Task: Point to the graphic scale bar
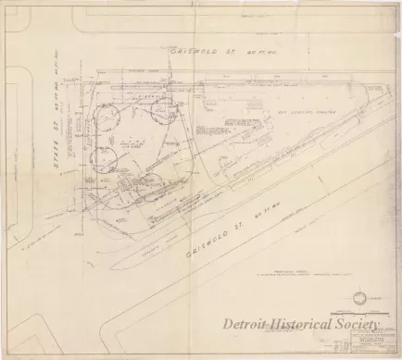347,313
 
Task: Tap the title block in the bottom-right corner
374,342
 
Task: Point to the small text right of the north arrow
383,297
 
